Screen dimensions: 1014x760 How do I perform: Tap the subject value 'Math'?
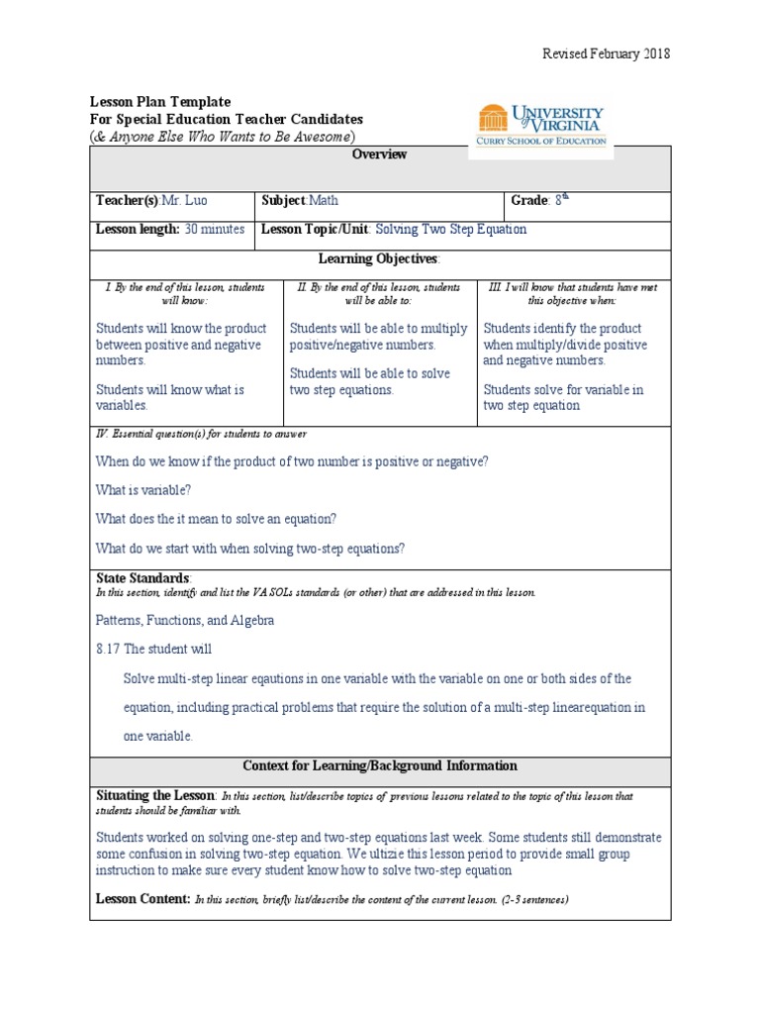(324, 200)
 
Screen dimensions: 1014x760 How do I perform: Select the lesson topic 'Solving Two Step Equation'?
(451, 229)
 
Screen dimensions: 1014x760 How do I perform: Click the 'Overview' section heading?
(380, 154)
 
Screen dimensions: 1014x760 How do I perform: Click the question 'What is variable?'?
(143, 490)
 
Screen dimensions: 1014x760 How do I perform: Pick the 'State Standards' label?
(142, 577)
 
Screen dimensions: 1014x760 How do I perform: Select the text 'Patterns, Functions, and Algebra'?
(185, 620)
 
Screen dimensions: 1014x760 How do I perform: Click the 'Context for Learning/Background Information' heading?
(380, 765)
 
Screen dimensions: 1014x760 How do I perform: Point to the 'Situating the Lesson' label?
(154, 795)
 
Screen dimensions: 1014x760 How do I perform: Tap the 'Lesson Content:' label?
(142, 899)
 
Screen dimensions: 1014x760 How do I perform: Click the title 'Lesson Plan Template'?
(160, 102)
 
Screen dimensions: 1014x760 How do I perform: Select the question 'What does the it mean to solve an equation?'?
(217, 519)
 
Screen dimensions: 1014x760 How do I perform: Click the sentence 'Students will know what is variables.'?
(169, 397)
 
